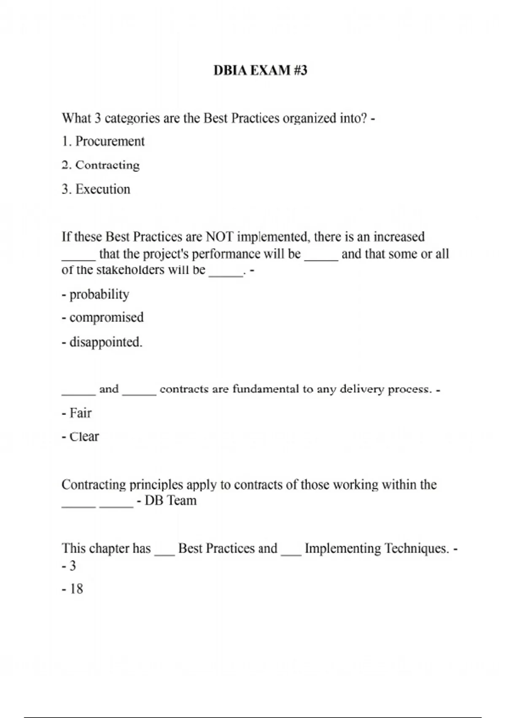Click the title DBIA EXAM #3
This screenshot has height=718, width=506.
tap(260, 70)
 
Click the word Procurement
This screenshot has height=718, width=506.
tap(110, 141)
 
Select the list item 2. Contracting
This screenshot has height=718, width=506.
tap(100, 165)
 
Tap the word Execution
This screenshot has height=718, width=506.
tap(102, 189)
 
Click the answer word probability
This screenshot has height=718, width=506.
tap(99, 294)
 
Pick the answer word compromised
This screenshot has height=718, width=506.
tap(106, 317)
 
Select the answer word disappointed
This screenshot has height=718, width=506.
tap(105, 342)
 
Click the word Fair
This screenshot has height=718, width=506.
tap(80, 413)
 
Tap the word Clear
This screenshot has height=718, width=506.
tap(84, 436)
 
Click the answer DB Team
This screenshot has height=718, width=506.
tap(170, 500)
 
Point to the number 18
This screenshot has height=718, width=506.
tap(76, 589)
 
